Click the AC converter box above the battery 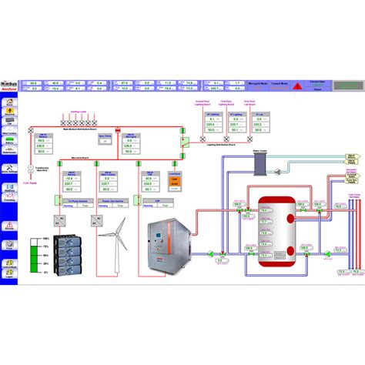click(x=61, y=219)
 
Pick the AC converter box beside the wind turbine click(x=96, y=219)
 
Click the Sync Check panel click(x=105, y=139)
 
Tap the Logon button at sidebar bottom click(x=11, y=266)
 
